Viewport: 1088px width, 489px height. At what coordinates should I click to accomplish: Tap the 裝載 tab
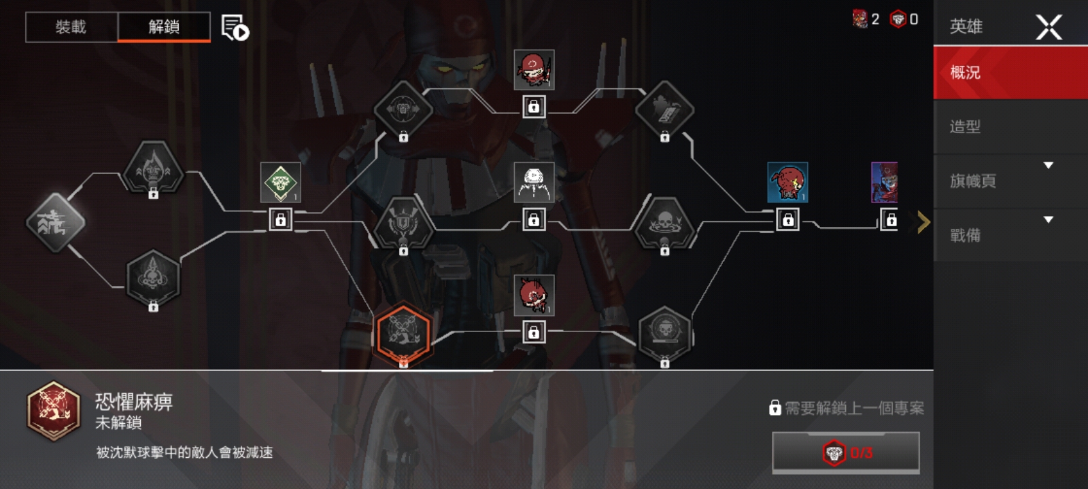point(71,27)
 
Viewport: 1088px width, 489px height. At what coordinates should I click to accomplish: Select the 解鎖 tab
point(164,27)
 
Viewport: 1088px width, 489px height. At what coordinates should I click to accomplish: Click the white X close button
point(1049,26)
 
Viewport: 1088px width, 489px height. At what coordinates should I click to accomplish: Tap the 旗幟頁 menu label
point(973,181)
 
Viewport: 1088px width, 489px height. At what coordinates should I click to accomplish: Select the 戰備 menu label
point(965,235)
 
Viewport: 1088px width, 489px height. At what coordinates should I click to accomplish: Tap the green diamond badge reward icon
point(281,183)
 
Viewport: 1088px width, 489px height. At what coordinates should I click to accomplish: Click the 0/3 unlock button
point(846,452)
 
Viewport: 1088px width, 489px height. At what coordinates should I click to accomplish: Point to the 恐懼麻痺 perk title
point(134,401)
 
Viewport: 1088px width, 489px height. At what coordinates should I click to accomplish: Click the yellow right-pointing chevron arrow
point(924,222)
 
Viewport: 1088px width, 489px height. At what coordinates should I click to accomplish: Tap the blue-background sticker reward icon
point(788,183)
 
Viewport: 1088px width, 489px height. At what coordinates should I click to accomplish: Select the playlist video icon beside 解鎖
point(235,27)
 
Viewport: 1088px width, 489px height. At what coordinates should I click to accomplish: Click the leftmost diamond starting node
point(56,223)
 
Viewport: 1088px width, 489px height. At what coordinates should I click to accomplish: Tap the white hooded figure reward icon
point(534,183)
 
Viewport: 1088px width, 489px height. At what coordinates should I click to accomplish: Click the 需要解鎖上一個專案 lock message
point(847,408)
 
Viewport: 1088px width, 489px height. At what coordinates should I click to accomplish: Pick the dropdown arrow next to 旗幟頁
point(1049,166)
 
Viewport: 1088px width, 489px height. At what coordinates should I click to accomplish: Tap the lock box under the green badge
point(281,220)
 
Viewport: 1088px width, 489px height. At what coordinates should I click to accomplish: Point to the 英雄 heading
point(966,26)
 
